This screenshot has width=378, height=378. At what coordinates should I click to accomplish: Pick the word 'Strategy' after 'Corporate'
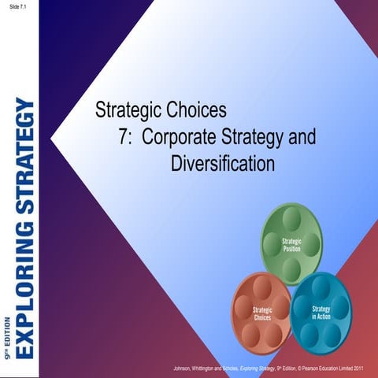coord(251,135)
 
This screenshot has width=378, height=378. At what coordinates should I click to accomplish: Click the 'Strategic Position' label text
coord(293,243)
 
